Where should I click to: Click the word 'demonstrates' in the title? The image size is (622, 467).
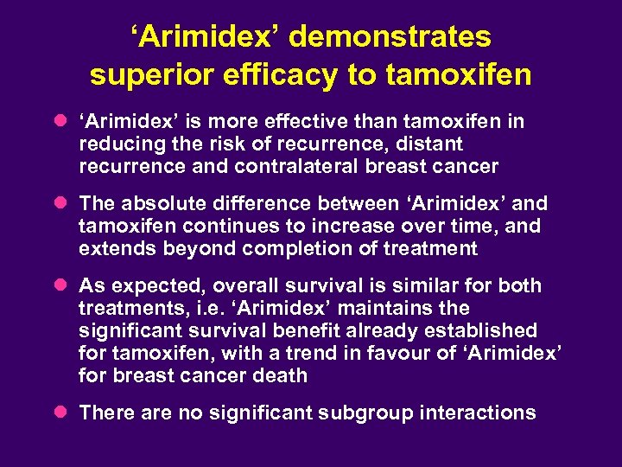(x=390, y=37)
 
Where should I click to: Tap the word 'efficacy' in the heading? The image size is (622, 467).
(x=278, y=75)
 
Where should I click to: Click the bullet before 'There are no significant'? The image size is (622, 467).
(x=61, y=413)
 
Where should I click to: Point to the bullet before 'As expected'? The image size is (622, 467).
(x=61, y=285)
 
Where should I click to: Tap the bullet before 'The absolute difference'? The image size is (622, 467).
(x=61, y=204)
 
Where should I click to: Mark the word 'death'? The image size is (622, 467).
(x=282, y=375)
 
